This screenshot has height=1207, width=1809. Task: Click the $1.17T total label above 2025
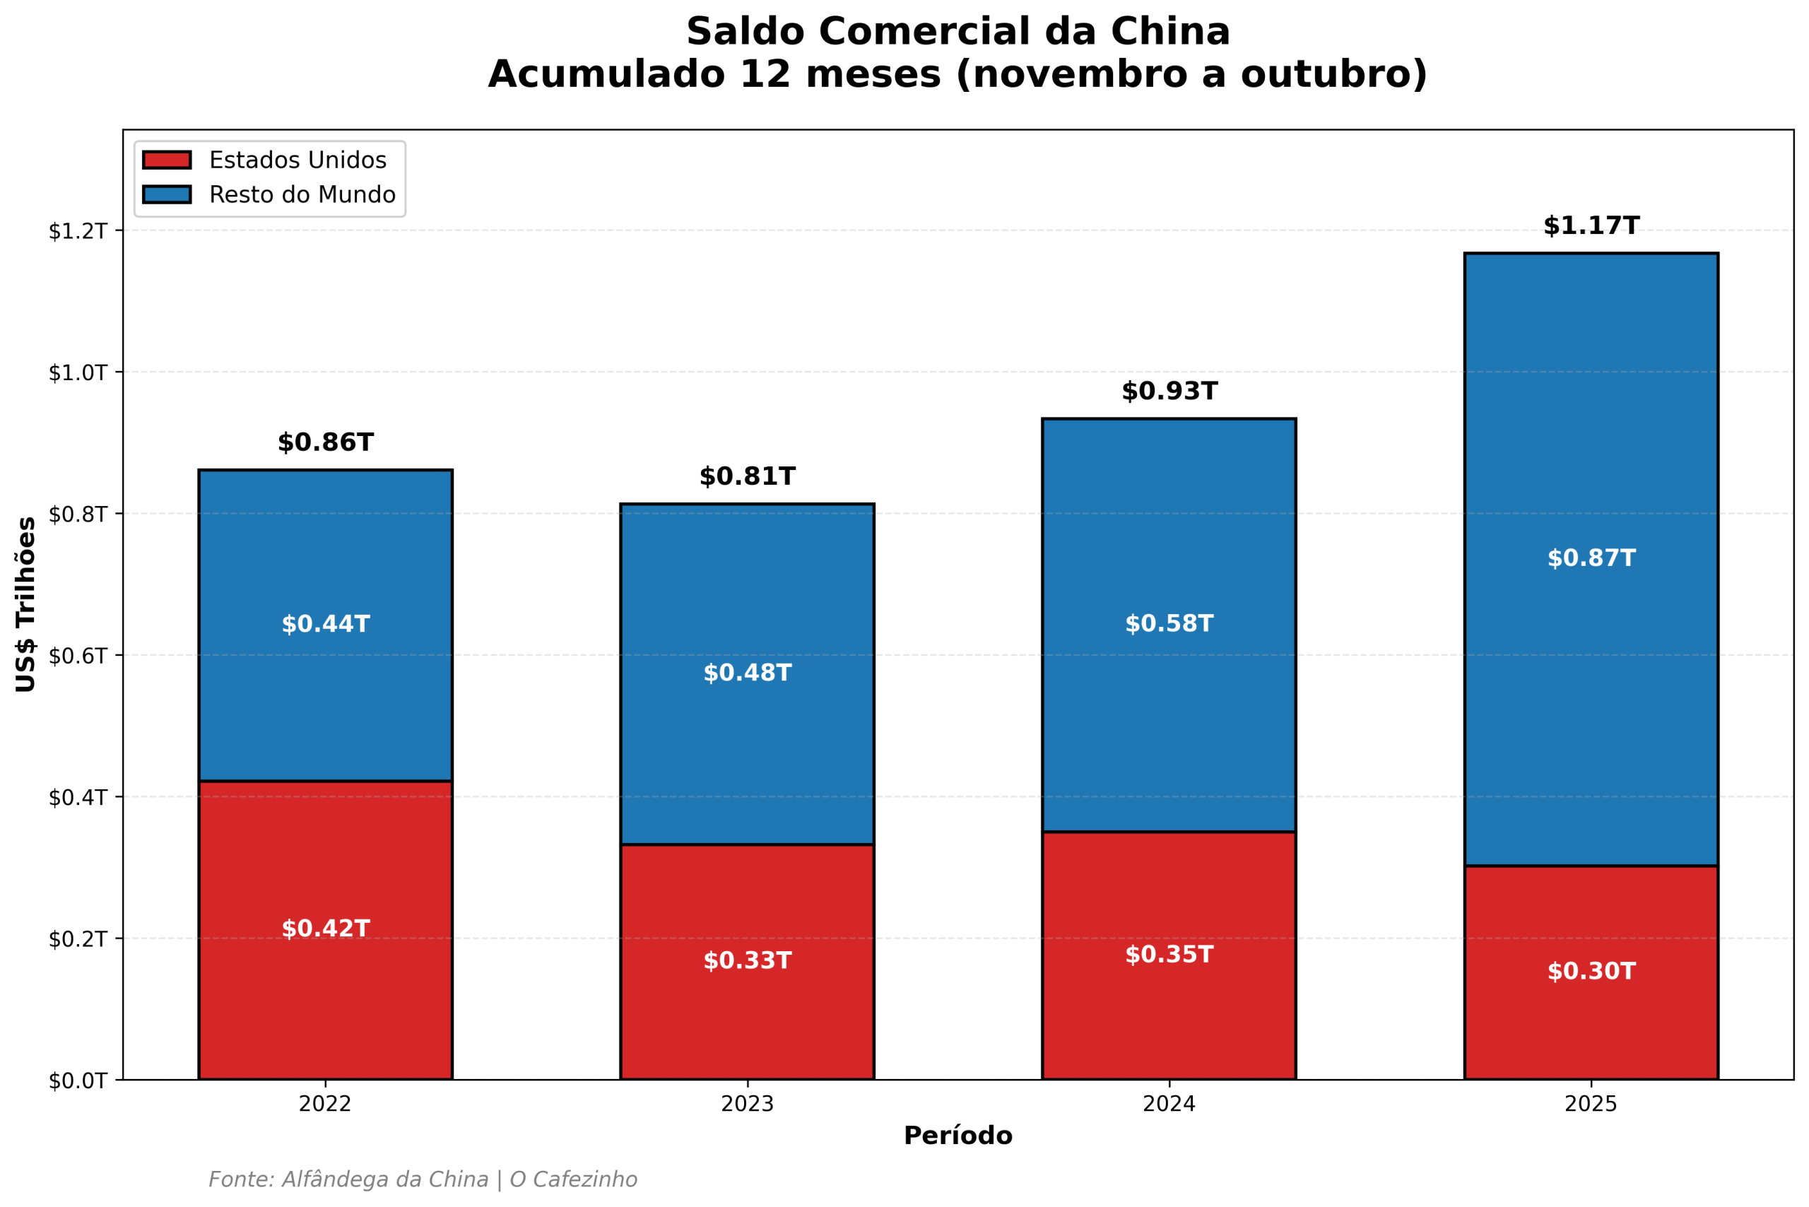[1591, 225]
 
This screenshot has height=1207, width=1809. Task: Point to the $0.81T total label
[747, 476]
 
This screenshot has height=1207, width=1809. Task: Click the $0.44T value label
[325, 623]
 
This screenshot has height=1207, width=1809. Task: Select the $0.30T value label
[1591, 972]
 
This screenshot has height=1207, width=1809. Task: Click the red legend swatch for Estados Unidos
[166, 160]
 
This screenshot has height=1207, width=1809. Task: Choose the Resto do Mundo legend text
[302, 195]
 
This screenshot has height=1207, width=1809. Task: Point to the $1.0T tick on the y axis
[77, 372]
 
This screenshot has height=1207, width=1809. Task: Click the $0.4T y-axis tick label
[77, 797]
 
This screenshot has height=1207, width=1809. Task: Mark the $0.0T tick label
[77, 1081]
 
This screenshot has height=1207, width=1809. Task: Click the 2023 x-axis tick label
[747, 1104]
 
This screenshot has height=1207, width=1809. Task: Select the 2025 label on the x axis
[1591, 1104]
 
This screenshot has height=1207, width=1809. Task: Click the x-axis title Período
[957, 1136]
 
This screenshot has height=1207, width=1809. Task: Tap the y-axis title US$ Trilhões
[25, 604]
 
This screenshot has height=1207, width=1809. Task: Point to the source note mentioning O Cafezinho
[423, 1179]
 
